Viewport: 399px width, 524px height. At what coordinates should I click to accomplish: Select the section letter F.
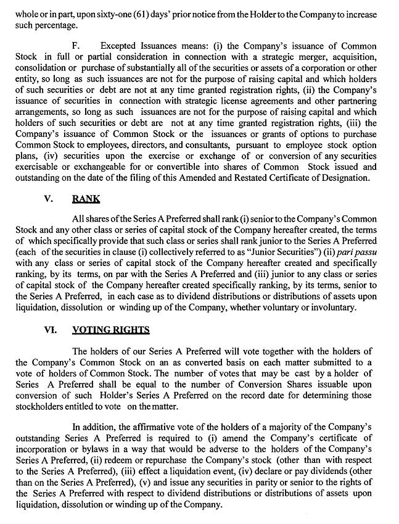click(x=76, y=46)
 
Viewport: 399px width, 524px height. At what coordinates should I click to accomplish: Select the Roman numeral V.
click(x=49, y=199)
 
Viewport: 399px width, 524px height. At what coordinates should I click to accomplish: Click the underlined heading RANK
click(x=86, y=199)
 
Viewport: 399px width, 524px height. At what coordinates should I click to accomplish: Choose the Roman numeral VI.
click(x=51, y=330)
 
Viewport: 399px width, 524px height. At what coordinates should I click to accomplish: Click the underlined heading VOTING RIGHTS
click(x=111, y=330)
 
